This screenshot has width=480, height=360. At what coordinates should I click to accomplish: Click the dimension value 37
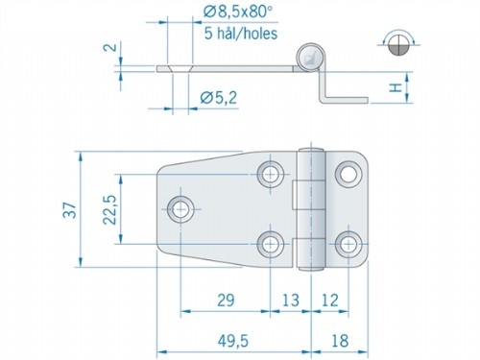(x=66, y=211)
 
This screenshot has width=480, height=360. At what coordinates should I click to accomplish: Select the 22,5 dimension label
(x=109, y=207)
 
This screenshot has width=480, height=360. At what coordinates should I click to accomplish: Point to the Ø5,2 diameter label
(x=219, y=95)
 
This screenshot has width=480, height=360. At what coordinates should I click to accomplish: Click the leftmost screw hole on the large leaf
(x=180, y=207)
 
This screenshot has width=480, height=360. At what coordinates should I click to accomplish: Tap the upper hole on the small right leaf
(x=346, y=174)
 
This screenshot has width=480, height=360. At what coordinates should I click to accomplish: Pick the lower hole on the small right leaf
(x=346, y=242)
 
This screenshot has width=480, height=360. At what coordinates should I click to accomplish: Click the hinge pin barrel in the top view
(x=310, y=207)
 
